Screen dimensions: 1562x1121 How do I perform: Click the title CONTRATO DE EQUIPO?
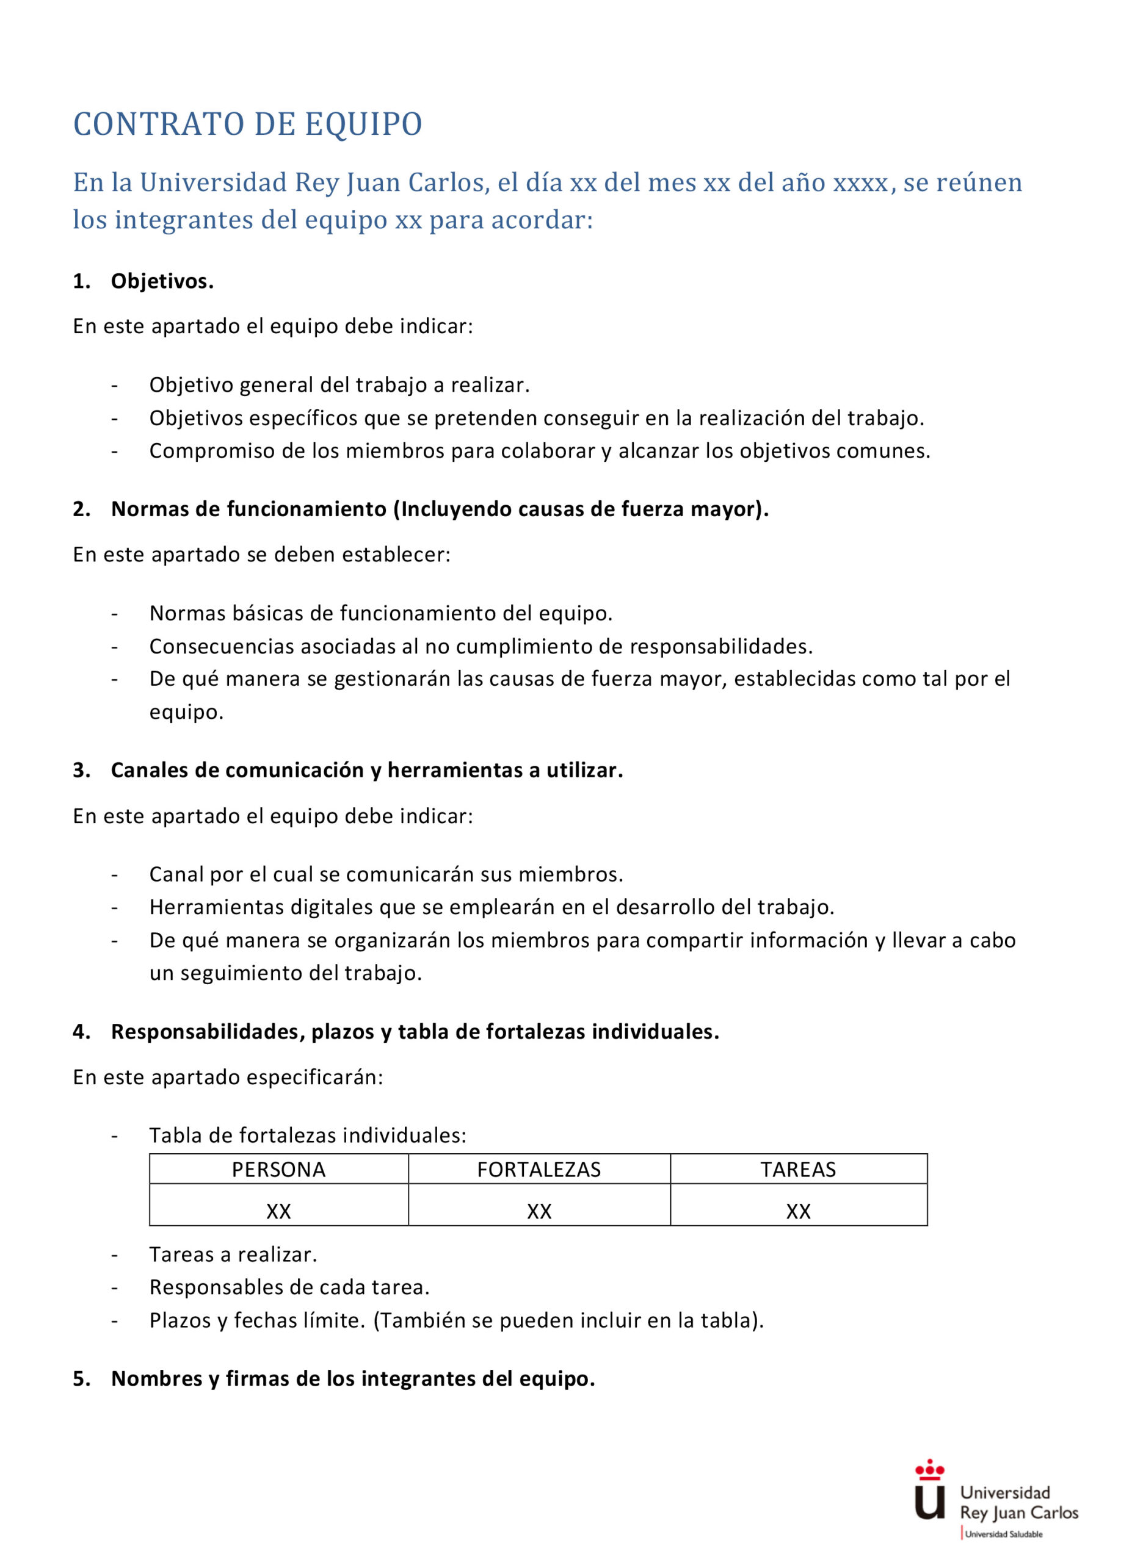pos(247,124)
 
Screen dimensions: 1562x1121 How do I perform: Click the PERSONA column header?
pos(278,1170)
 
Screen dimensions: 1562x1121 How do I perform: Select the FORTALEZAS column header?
pos(539,1170)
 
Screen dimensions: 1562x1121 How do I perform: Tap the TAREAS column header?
pos(798,1170)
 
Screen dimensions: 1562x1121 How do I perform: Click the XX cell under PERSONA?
pos(278,1211)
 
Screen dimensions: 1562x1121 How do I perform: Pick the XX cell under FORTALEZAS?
pos(539,1211)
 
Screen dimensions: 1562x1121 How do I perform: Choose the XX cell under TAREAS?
pos(798,1211)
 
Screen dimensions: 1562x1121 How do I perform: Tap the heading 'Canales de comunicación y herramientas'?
pos(366,770)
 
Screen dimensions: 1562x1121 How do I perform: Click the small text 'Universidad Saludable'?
pos(1003,1534)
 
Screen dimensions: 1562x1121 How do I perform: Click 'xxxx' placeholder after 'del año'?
pos(860,183)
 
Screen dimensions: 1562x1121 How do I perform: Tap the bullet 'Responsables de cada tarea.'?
pos(289,1287)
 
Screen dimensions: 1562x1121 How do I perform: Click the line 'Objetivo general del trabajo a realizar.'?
pos(339,385)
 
